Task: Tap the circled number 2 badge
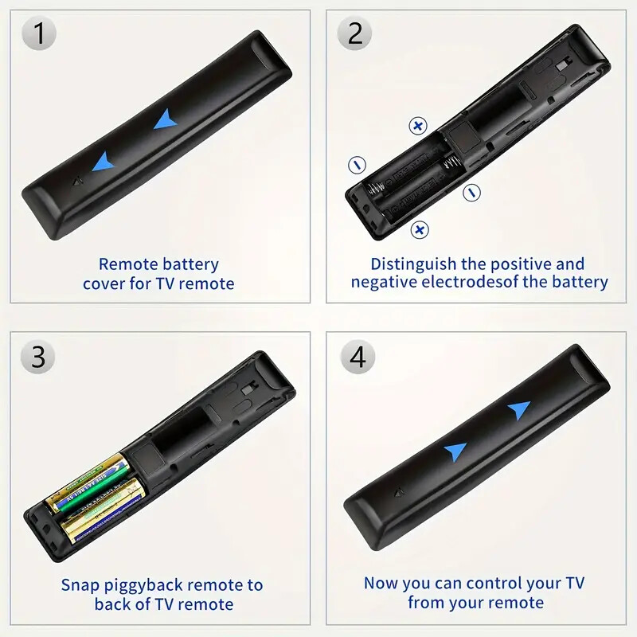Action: [x=355, y=34]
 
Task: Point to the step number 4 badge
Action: [x=358, y=356]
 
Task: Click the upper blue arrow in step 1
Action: [x=166, y=119]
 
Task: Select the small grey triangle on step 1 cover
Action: [x=76, y=181]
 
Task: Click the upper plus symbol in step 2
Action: [x=418, y=125]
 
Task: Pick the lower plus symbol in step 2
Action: [x=420, y=230]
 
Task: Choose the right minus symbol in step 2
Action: [x=471, y=191]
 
